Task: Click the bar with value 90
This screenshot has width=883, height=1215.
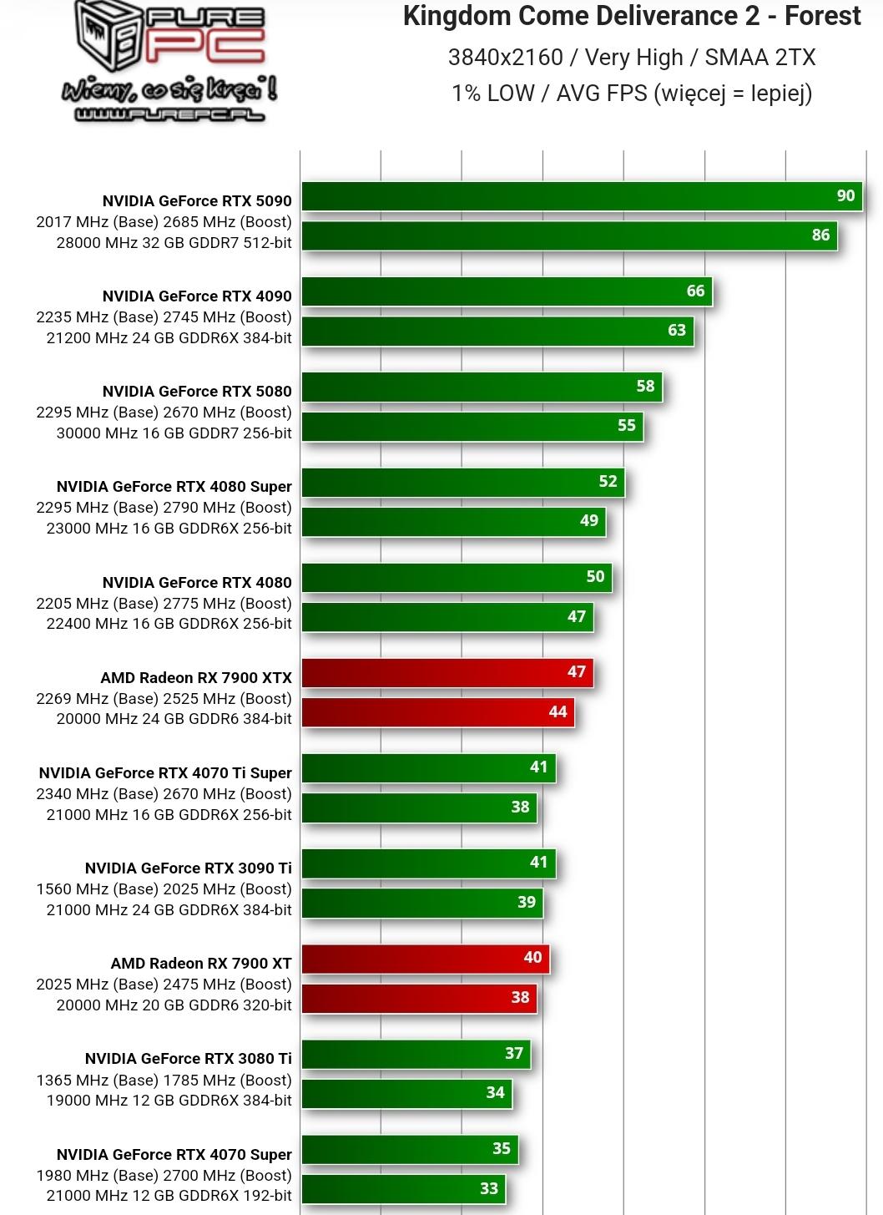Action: (x=581, y=196)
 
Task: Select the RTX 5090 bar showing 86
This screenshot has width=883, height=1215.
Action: (x=568, y=235)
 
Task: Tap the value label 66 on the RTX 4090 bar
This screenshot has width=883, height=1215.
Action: (x=695, y=291)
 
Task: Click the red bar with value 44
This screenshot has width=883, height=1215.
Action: (x=437, y=712)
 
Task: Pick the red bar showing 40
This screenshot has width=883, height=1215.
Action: (x=425, y=958)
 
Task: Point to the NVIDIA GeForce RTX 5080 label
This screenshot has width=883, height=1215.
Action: (x=197, y=392)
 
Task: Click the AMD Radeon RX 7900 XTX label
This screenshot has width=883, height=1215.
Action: (x=196, y=678)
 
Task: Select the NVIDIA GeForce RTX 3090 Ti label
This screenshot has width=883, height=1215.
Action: (x=189, y=868)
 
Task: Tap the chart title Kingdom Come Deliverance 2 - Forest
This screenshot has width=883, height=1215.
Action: (x=632, y=17)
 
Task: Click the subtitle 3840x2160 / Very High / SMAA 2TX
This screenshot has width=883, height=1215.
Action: (x=632, y=58)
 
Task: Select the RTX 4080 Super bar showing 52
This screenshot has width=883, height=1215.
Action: (x=462, y=482)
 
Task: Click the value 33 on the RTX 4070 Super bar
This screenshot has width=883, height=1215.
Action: (x=489, y=1189)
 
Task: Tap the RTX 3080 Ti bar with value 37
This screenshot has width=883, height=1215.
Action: (x=416, y=1054)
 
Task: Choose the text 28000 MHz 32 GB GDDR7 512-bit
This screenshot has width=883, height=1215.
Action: (x=174, y=243)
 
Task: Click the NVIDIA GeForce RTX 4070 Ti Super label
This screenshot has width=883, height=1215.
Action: (x=165, y=773)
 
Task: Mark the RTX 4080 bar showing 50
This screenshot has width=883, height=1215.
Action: (x=457, y=577)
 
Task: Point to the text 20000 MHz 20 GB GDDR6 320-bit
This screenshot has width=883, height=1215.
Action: (x=174, y=1005)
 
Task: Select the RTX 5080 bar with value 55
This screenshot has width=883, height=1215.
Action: (x=472, y=426)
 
